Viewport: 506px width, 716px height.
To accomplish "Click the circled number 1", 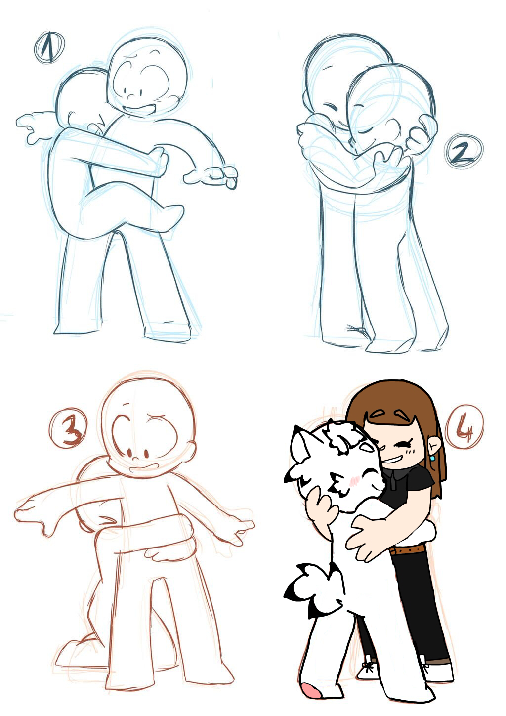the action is [49, 47].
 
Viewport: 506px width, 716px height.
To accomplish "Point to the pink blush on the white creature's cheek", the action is [354, 480].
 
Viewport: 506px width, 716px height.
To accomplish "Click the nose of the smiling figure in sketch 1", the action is [130, 96].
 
